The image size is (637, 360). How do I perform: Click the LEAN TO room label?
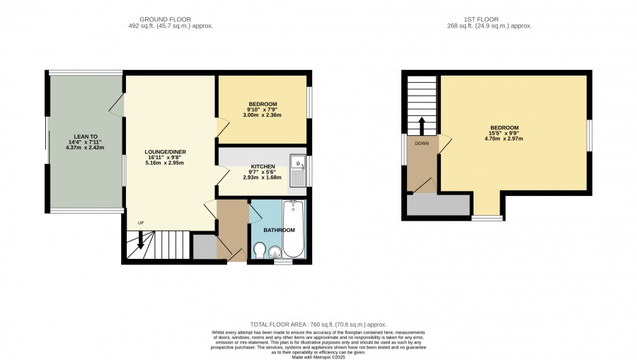point(86,137)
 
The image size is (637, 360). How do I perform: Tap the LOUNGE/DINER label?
point(166,152)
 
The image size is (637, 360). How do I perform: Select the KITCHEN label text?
point(263,167)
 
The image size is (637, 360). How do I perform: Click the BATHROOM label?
point(279,230)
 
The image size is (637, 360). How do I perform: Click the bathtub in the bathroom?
point(294,229)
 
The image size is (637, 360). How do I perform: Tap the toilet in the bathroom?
point(259,250)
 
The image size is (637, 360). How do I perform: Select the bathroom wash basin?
point(275,253)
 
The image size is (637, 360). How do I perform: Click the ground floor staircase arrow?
point(141,240)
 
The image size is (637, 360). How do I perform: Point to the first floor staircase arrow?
point(422,126)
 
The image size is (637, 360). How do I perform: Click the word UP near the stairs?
point(141,223)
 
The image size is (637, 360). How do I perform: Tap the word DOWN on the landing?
point(422,144)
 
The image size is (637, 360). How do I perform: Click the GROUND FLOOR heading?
point(165,19)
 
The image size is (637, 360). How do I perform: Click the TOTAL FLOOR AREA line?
point(318,325)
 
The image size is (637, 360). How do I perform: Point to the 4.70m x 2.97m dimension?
point(504,139)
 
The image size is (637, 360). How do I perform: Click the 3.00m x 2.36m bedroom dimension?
point(262,115)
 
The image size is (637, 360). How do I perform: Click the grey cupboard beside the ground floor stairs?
point(205,246)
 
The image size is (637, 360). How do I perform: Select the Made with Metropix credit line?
point(318,358)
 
